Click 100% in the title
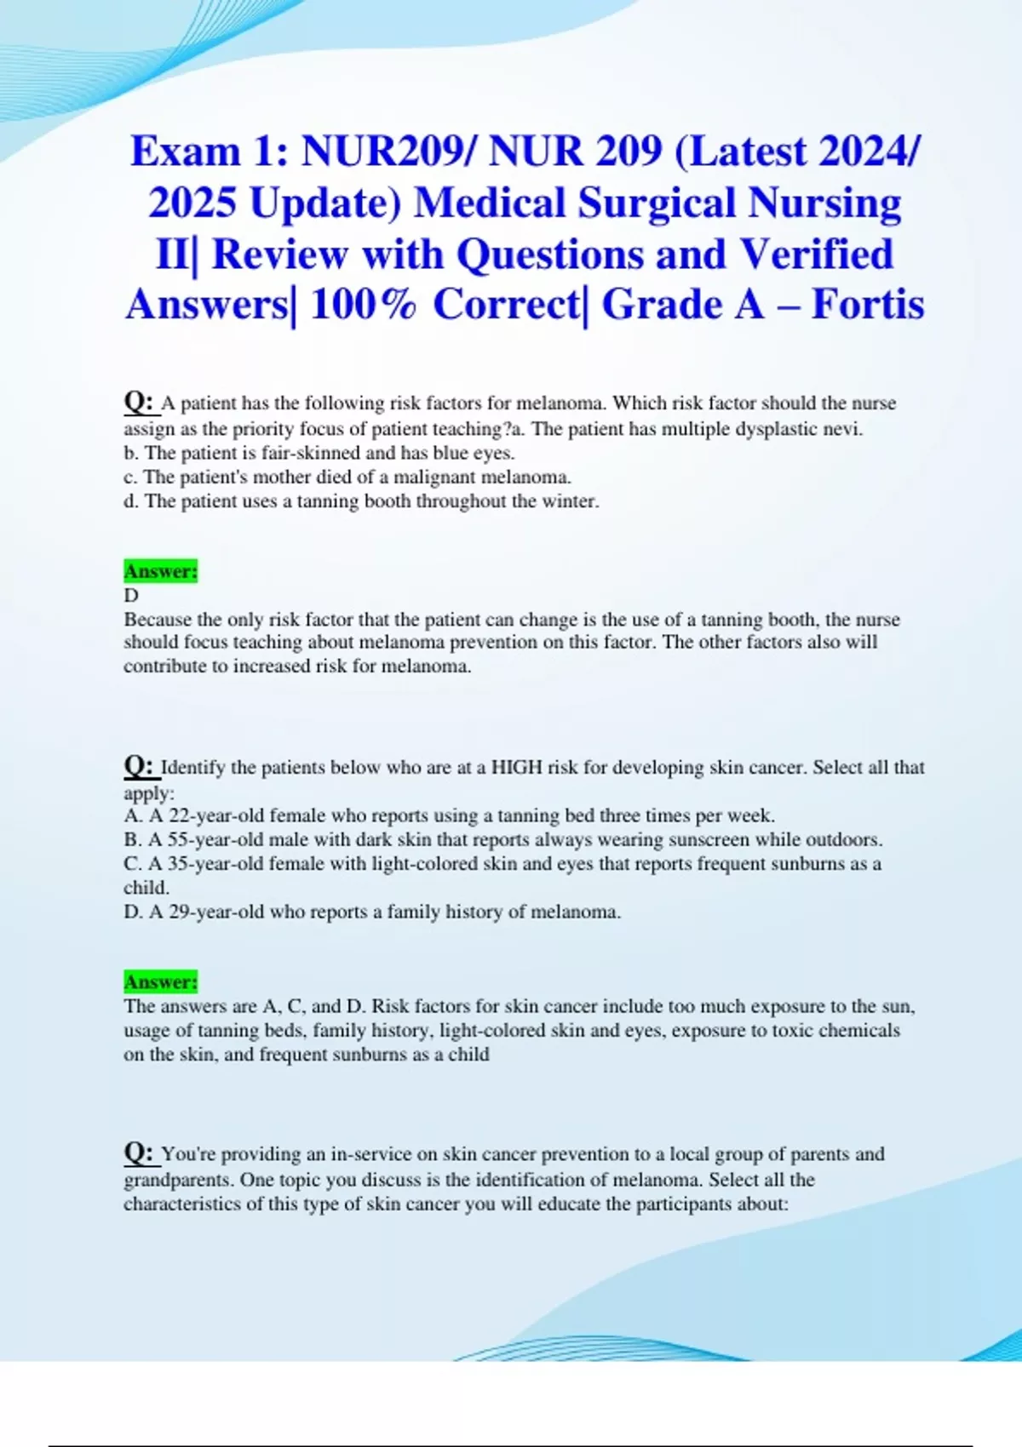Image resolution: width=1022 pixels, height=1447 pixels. (364, 305)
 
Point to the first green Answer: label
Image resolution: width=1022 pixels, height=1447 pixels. (160, 571)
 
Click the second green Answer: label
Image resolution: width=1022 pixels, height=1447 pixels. (160, 982)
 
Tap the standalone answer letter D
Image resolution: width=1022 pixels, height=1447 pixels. (131, 596)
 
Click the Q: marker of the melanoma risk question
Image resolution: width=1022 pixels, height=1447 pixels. (139, 401)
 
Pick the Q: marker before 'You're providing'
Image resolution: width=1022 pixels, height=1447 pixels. (139, 1152)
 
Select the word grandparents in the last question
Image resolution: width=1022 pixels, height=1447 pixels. (178, 1181)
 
